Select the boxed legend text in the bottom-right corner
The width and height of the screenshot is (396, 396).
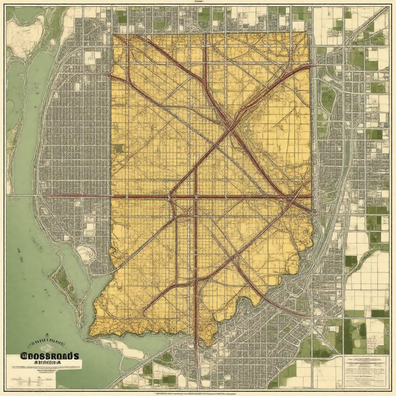(x=365, y=371)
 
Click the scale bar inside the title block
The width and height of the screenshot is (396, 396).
(x=39, y=375)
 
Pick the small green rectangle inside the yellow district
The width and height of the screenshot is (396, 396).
(x=119, y=148)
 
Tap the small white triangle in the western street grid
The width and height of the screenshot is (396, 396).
(x=56, y=94)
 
